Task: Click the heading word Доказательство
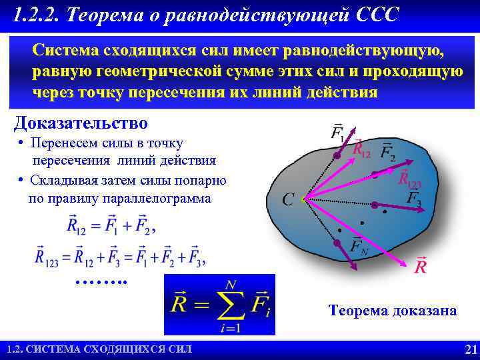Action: pos(81,123)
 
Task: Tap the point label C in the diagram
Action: pos(288,199)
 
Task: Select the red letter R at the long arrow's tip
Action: pos(421,266)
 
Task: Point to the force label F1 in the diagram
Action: pos(338,131)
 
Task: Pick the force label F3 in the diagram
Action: pos(414,197)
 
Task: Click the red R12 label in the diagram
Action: pos(361,149)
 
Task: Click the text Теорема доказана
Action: pos(393,311)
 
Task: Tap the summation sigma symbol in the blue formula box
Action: pos(231,305)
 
